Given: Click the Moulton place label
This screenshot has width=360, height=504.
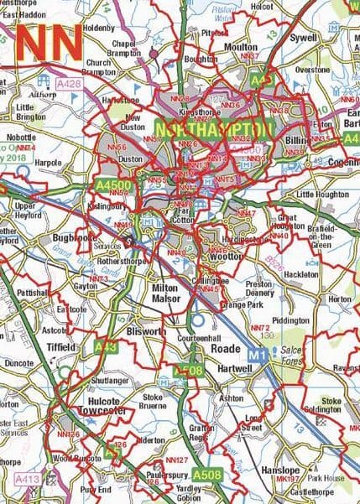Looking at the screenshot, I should pyautogui.click(x=241, y=48).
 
